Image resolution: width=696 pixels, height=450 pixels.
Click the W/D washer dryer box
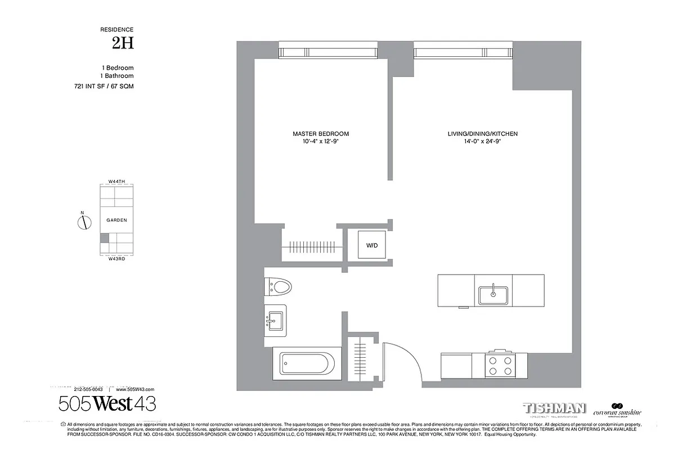(x=372, y=245)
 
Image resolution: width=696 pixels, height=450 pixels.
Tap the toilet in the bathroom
(x=279, y=287)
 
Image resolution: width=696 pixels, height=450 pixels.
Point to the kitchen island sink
(x=493, y=295)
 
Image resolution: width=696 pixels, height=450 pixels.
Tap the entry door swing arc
(x=404, y=360)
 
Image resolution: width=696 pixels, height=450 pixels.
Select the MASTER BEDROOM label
(x=321, y=134)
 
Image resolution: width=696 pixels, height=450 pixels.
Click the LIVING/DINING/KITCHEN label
(x=482, y=134)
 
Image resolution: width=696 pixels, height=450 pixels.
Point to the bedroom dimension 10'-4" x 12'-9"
(x=321, y=142)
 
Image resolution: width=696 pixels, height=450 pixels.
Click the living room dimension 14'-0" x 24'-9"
(x=482, y=142)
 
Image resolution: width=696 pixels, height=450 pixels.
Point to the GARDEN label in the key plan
(x=116, y=220)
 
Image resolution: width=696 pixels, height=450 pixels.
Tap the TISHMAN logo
(x=554, y=408)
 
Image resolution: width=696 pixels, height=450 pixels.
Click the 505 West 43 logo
(x=107, y=403)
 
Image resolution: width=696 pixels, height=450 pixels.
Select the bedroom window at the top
(x=329, y=52)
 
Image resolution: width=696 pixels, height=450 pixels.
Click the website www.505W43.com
(x=134, y=389)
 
